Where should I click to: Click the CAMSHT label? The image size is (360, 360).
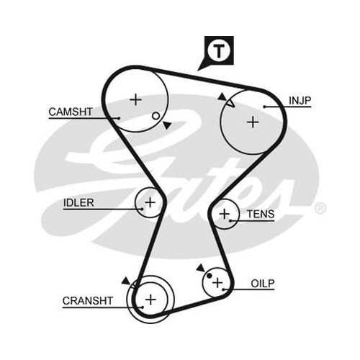coord(71,112)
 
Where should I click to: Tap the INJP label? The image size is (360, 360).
coord(300,101)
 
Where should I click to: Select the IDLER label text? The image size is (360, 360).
coord(78,203)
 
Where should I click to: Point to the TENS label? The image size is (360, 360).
coord(261,214)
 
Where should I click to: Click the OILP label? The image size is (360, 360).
coord(263,284)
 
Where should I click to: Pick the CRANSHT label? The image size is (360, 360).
coord(88,301)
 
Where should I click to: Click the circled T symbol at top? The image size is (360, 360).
coord(219,50)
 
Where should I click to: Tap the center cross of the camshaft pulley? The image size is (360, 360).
coord(135,99)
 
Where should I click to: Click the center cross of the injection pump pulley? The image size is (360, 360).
coord(253,122)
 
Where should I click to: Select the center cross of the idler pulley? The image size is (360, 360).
coord(150,202)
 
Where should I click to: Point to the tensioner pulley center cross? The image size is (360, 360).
coord(225,214)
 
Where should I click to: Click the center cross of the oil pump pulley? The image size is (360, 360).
coord(217,282)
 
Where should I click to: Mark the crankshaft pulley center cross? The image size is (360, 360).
coord(150,300)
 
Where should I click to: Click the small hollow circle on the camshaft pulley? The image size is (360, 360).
coord(156,116)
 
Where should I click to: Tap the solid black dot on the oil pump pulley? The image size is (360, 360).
coord(210,276)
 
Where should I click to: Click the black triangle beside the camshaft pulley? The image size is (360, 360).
coord(167,125)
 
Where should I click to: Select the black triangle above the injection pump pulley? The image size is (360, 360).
coord(222,96)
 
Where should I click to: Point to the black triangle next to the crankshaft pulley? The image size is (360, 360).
coord(126,281)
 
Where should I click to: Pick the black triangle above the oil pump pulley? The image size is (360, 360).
coord(201,268)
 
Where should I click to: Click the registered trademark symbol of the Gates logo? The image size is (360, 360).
coord(320,208)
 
